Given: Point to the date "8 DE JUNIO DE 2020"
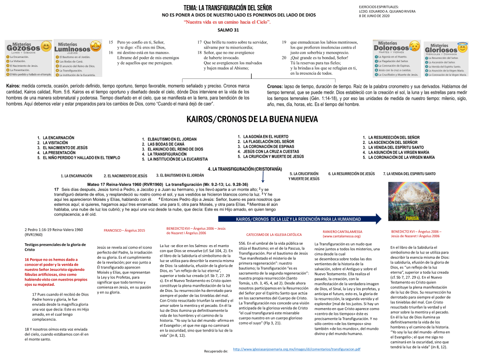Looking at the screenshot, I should click(374, 16).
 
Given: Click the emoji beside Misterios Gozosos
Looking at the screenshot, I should click(46, 47).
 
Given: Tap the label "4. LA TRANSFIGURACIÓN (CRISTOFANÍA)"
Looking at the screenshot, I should click(245, 169).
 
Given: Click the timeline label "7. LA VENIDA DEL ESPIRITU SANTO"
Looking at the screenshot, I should click(409, 174).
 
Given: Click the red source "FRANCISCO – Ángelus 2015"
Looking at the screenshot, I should click(124, 230).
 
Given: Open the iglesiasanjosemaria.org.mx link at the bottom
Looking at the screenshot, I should click(296, 349).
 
